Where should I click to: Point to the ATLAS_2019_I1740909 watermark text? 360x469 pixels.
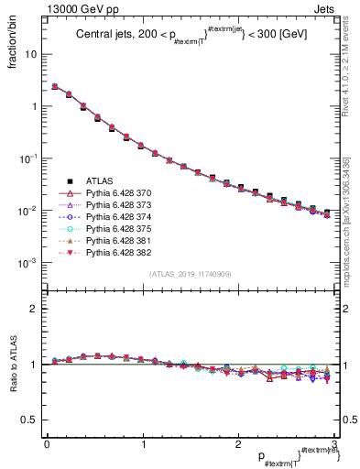click(190, 273)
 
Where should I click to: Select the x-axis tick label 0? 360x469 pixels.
click(47, 443)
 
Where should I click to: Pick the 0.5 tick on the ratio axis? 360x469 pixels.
click(31, 420)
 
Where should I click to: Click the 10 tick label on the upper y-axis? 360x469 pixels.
click(31, 54)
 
